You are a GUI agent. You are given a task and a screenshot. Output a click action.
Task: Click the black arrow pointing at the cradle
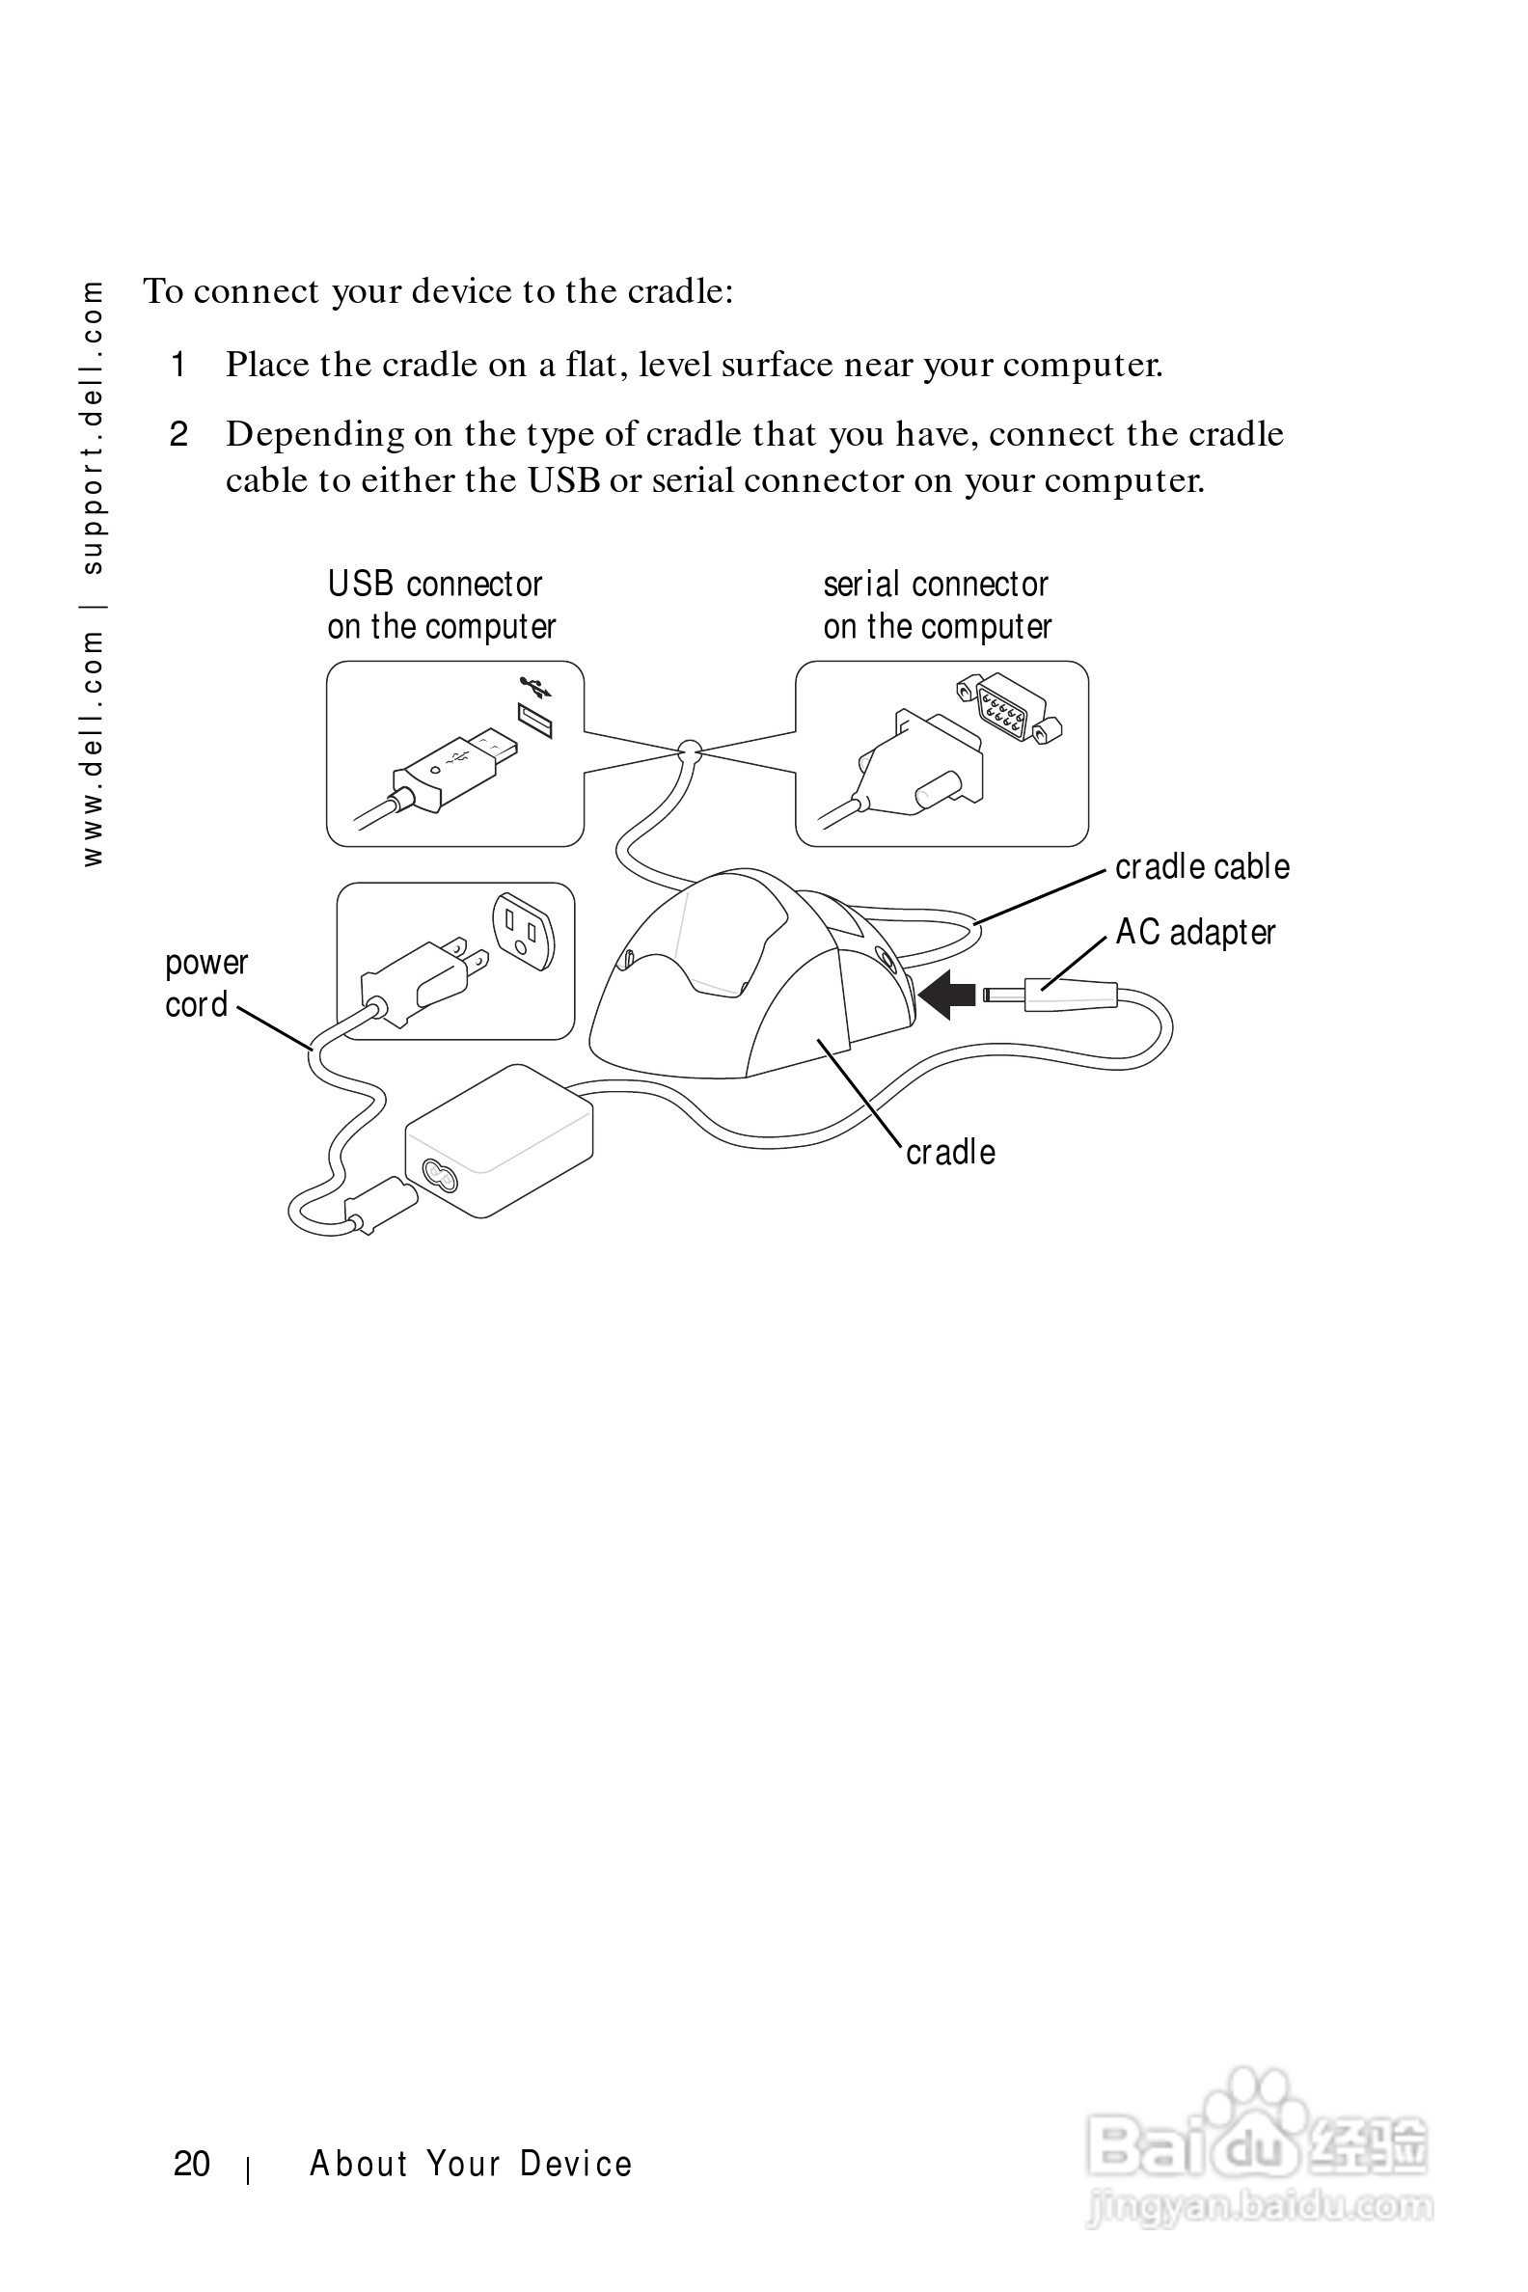point(947,994)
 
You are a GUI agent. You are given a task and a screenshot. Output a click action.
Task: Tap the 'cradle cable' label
point(1202,866)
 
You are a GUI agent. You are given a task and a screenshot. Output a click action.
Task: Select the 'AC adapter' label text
point(1195,933)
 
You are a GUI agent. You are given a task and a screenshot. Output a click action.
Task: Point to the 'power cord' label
point(205,983)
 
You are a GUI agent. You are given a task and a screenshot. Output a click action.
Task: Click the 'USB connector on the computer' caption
point(442,605)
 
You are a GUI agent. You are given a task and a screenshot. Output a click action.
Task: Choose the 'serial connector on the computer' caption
point(937,605)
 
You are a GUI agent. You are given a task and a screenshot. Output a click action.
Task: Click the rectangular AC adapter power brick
point(499,1140)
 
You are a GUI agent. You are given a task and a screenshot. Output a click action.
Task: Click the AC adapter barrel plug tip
point(1004,995)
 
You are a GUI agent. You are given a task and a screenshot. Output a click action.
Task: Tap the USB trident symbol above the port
point(536,686)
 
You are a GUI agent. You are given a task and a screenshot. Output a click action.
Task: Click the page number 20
point(192,2164)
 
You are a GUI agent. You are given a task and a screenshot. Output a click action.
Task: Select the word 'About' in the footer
point(357,2164)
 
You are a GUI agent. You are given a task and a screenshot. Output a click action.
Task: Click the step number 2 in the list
point(178,435)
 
